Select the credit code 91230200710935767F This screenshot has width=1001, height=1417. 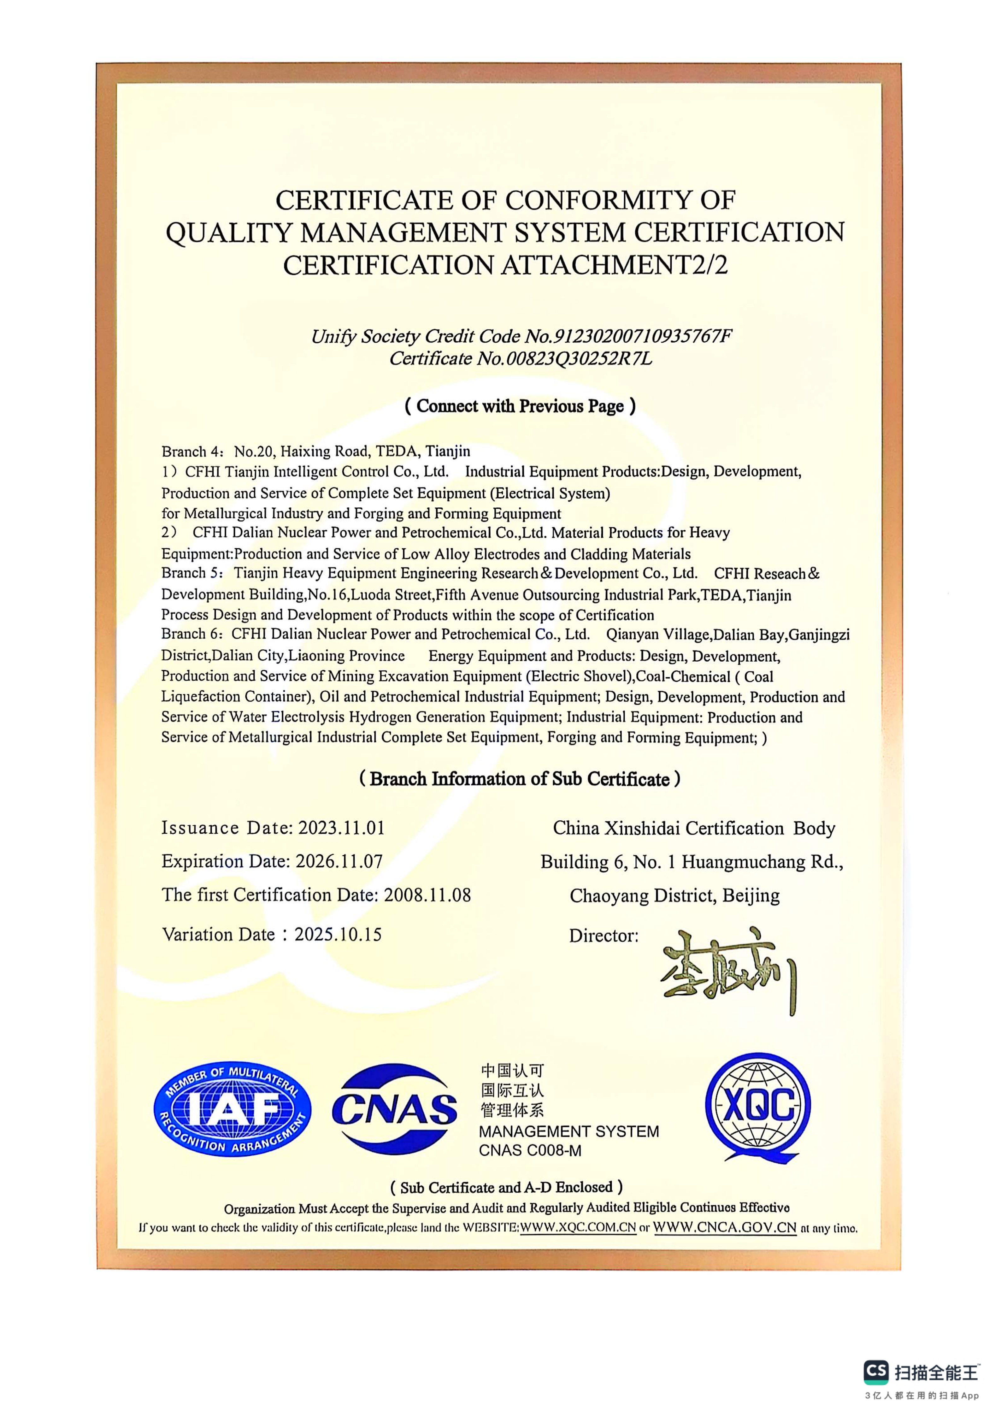point(644,336)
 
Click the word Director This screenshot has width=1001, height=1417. point(603,936)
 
